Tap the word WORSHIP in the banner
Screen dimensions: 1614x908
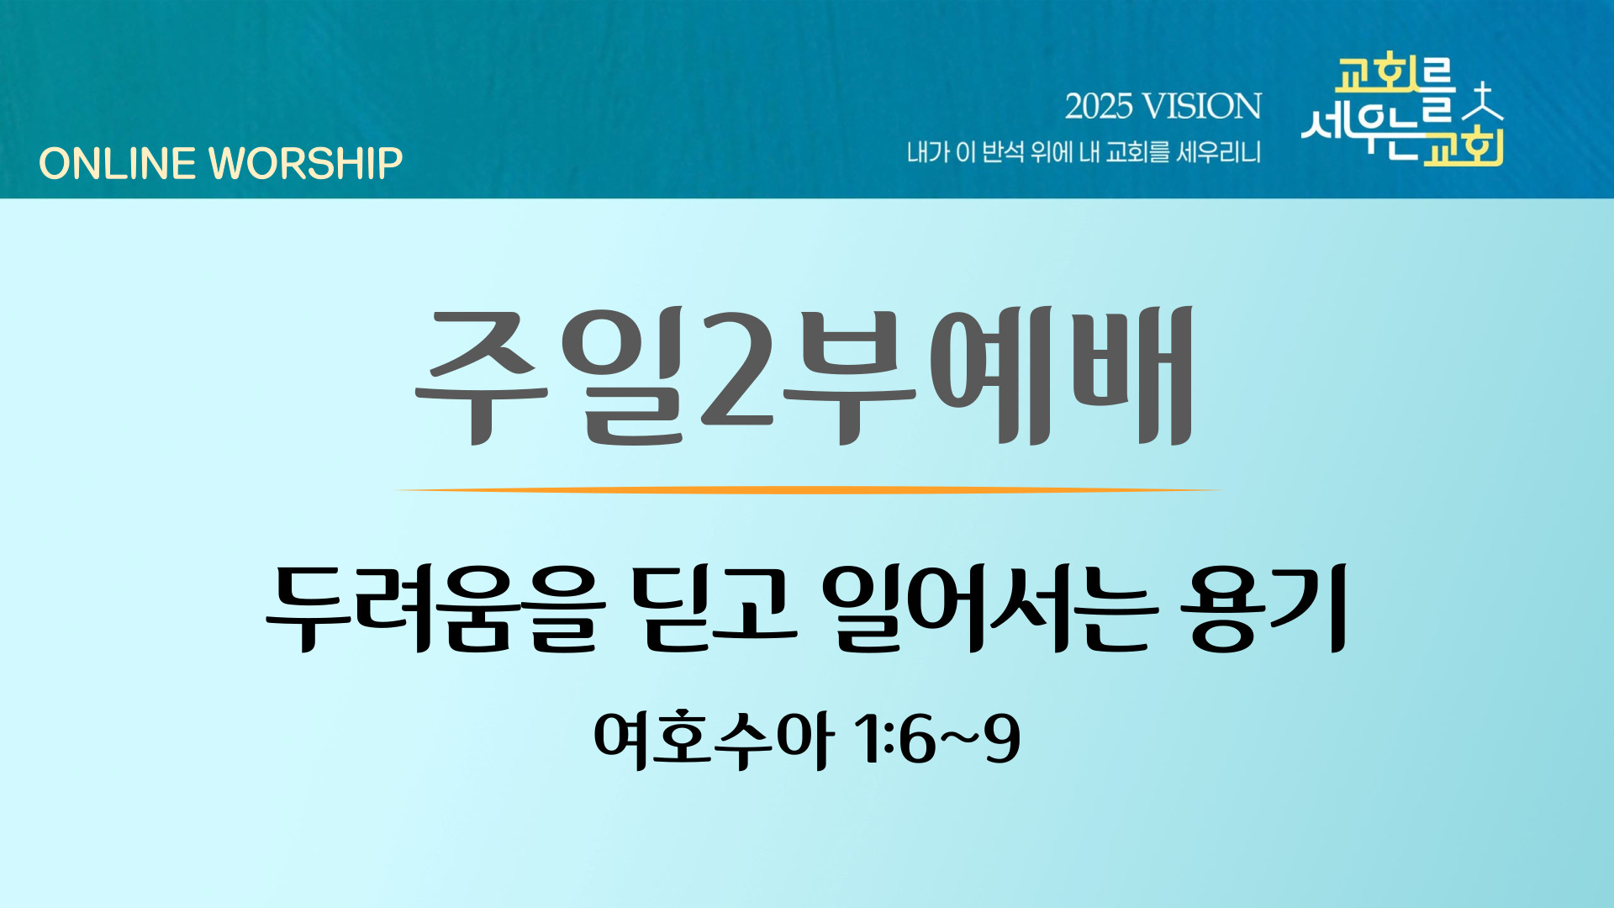pyautogui.click(x=305, y=163)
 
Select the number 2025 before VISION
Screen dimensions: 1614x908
pyautogui.click(x=1099, y=107)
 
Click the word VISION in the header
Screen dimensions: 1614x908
pyautogui.click(x=1202, y=107)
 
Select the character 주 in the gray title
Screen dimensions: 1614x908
pyautogui.click(x=482, y=376)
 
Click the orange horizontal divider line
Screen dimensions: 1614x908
pyautogui.click(x=807, y=489)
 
